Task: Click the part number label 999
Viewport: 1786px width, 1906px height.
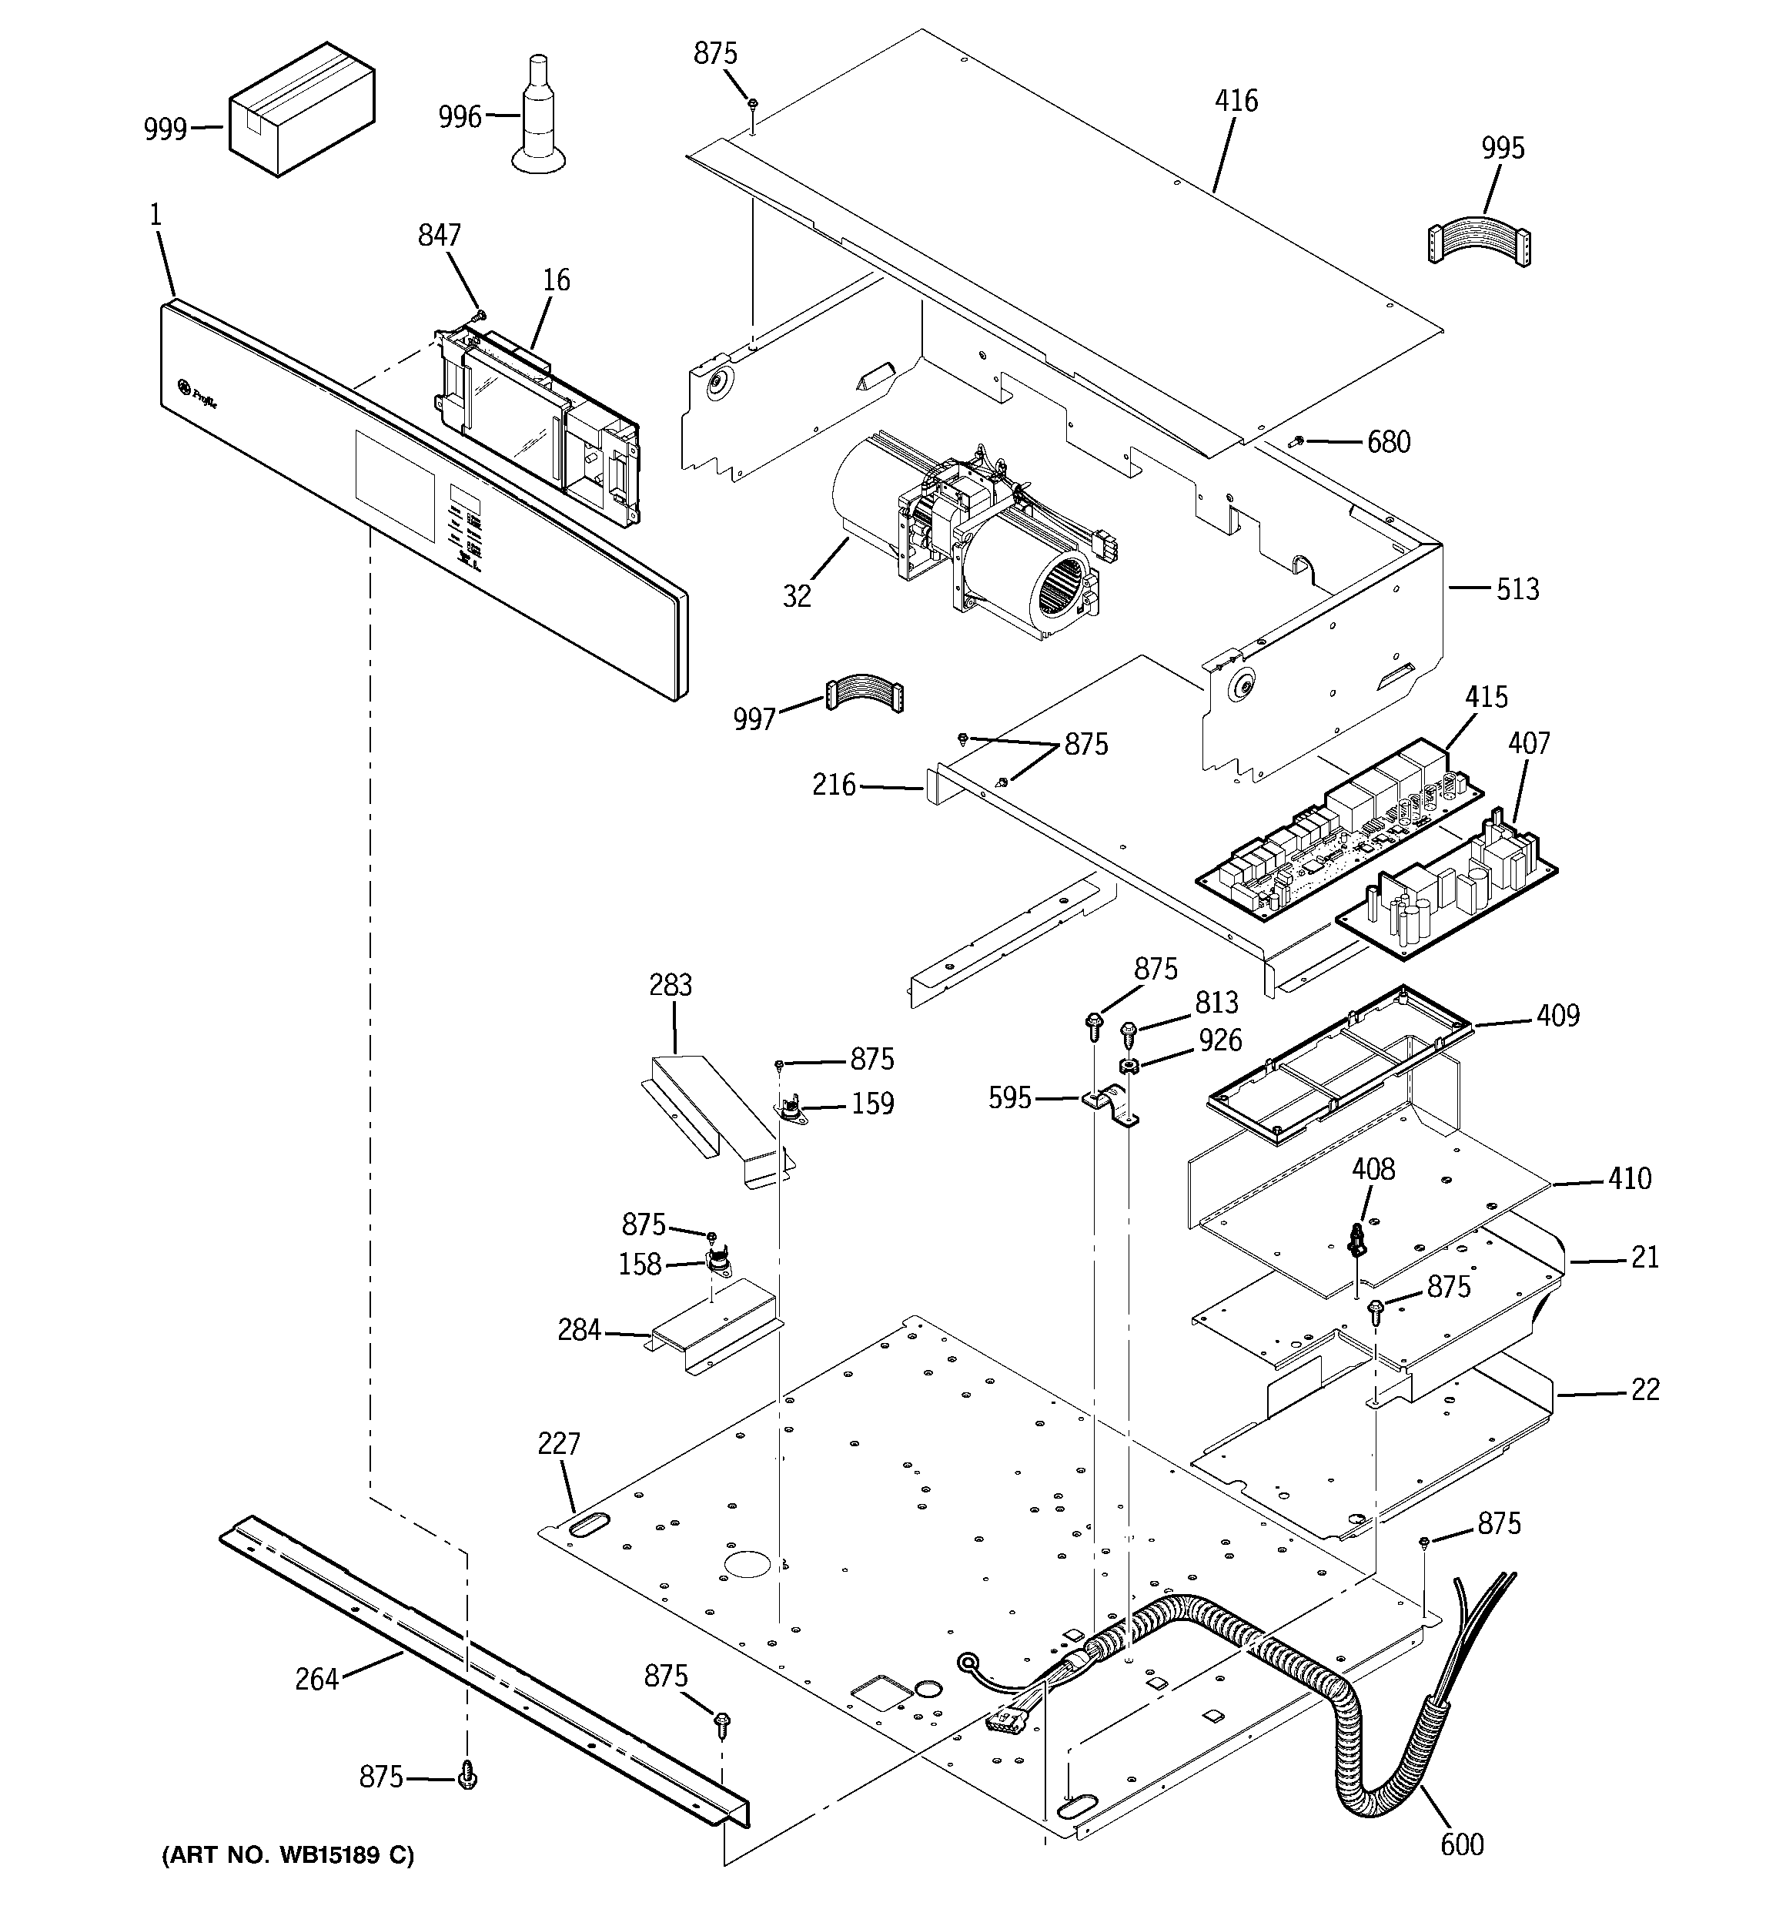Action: pyautogui.click(x=165, y=129)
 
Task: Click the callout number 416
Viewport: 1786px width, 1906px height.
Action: pyautogui.click(x=1236, y=101)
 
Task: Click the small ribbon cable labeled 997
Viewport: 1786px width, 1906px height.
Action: pyautogui.click(x=865, y=693)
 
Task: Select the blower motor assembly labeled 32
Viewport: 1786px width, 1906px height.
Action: pyautogui.click(x=968, y=528)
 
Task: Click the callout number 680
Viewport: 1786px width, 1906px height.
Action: pyautogui.click(x=1388, y=442)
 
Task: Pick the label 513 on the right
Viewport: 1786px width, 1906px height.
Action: pyautogui.click(x=1517, y=588)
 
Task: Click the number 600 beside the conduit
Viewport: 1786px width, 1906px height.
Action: pyautogui.click(x=1461, y=1844)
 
